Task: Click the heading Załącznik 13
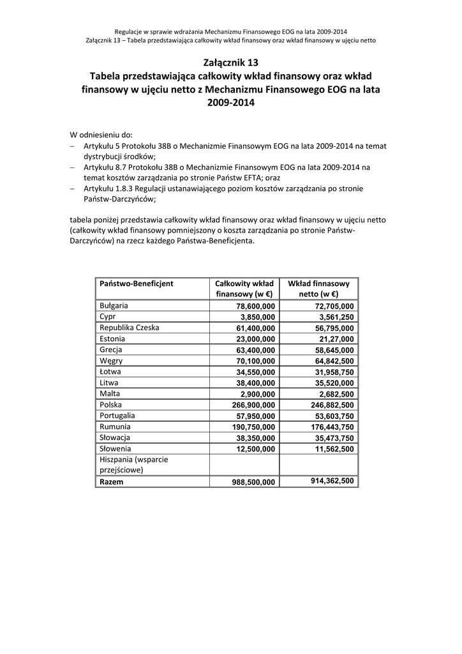pyautogui.click(x=230, y=63)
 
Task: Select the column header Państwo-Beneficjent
pyautogui.click(x=137, y=283)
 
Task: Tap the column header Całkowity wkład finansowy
pyautogui.click(x=244, y=289)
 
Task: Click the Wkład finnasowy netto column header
pyautogui.click(x=318, y=289)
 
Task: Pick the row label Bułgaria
pyautogui.click(x=114, y=305)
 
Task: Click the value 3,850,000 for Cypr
pyautogui.click(x=258, y=317)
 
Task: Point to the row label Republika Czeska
pyautogui.click(x=130, y=328)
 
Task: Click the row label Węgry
pyautogui.click(x=111, y=361)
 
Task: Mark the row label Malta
pyautogui.click(x=110, y=393)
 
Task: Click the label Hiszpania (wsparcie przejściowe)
pyautogui.click(x=130, y=464)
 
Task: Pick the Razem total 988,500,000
pyautogui.click(x=253, y=483)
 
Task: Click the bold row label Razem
pyautogui.click(x=112, y=482)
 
